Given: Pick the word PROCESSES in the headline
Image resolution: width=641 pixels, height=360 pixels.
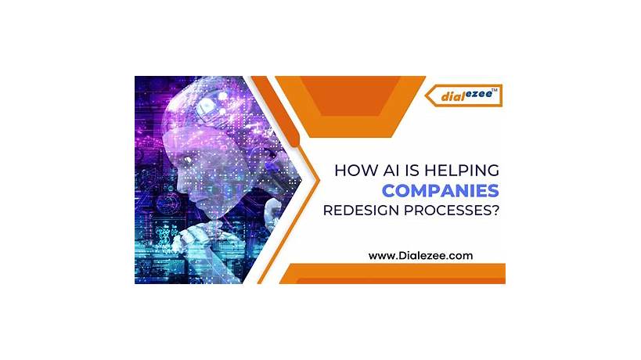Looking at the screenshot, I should point(452,210).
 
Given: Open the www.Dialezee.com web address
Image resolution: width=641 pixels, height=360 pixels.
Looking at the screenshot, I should point(420,255).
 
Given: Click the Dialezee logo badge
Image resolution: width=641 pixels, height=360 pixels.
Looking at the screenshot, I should point(464,95).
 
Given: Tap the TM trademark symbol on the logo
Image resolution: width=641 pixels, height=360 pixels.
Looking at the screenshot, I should point(495,88).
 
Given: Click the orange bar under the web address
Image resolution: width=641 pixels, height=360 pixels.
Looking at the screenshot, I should point(391,274).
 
